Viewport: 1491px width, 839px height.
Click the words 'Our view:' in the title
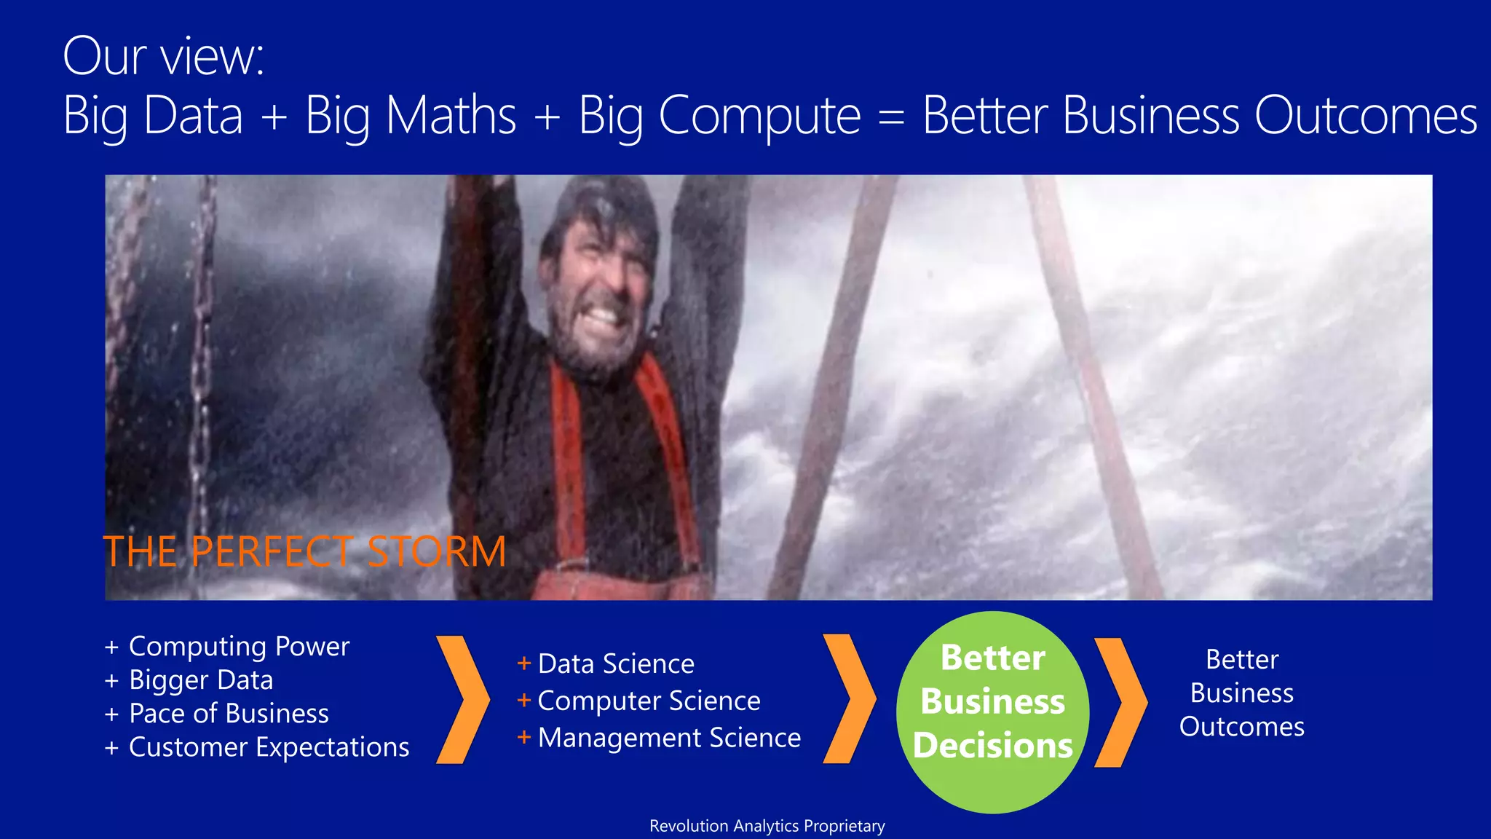click(163, 57)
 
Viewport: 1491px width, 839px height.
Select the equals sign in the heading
click(891, 117)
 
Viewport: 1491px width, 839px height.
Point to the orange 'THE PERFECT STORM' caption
click(304, 551)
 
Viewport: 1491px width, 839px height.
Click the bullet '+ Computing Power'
click(227, 647)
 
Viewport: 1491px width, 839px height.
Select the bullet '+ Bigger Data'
click(189, 680)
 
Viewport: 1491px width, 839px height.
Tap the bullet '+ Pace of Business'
click(217, 714)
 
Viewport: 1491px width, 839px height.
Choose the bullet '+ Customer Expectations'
click(257, 747)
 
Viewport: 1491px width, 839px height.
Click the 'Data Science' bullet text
click(616, 664)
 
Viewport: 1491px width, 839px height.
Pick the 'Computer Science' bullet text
click(649, 701)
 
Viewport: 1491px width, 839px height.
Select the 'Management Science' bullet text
click(669, 738)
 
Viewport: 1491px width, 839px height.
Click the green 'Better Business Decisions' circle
click(992, 712)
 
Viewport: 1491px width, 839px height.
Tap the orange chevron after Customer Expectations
click(462, 700)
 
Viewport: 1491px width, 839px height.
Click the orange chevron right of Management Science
click(849, 699)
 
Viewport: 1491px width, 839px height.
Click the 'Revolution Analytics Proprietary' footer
click(767, 826)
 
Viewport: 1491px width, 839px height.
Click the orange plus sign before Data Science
click(523, 663)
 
